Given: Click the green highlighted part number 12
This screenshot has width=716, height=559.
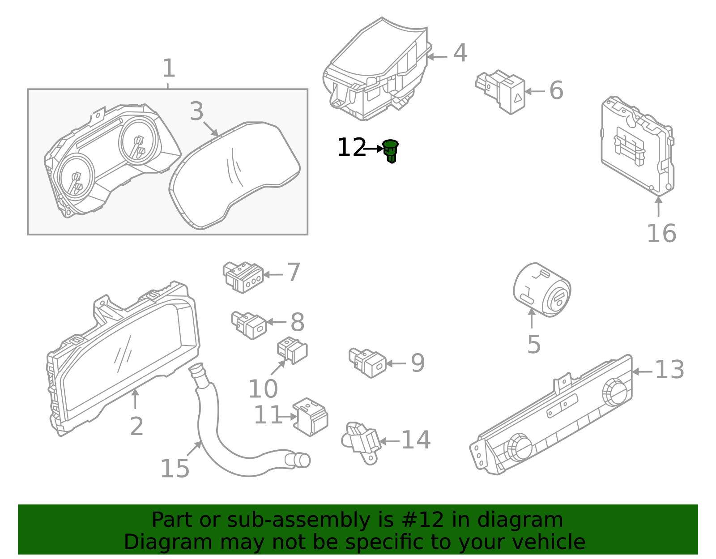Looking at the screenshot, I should point(391,151).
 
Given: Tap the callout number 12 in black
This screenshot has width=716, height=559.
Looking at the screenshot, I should point(351,148).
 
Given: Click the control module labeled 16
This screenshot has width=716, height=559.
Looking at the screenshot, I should point(637,145).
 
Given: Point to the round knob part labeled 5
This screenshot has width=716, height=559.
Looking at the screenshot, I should point(541,290).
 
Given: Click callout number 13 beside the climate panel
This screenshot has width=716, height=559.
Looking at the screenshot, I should point(669,370).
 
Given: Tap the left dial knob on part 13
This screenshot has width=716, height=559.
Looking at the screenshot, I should point(518,446).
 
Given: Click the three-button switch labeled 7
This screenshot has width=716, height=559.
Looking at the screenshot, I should point(243,277).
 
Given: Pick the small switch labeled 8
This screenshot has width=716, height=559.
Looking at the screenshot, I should point(249,324).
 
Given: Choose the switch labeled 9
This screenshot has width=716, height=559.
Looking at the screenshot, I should point(368,363).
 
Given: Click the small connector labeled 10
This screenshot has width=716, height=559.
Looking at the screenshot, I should point(292,350).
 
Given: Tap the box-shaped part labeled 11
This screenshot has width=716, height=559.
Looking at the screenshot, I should point(311,416).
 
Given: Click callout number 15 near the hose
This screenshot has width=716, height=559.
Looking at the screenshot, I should point(175,469).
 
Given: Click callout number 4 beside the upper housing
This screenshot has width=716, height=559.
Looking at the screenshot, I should point(460,54).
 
